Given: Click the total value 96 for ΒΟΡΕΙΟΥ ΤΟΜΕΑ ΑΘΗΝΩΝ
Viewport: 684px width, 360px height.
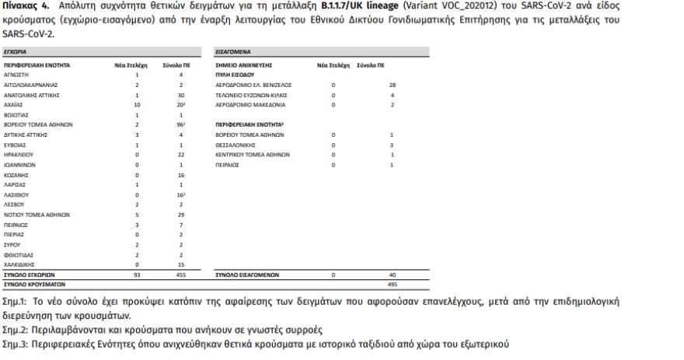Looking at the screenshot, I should point(180,124).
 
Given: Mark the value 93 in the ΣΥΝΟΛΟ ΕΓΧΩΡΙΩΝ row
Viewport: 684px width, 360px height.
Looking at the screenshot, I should point(136,274).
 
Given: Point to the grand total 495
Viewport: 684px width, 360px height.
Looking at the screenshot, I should point(392,285).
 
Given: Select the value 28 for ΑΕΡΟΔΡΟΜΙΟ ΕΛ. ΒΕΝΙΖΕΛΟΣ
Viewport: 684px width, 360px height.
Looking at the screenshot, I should point(393,84).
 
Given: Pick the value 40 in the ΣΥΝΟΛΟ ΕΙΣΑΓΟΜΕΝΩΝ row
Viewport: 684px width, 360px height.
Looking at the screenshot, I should point(393,274).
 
